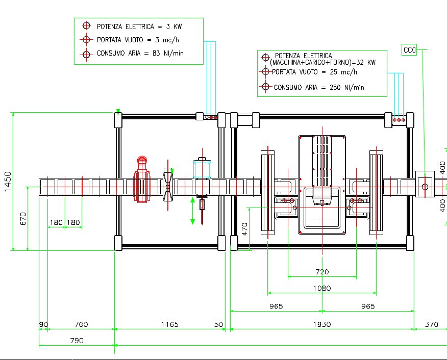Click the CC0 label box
coord(409,50)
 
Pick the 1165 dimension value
coord(170,324)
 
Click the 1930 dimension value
coord(321,324)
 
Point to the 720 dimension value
coord(322,272)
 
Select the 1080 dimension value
coord(322,288)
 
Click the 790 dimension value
coord(76,341)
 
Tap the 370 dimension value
coord(431,324)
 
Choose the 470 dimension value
coord(244,228)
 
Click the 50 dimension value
coord(219,324)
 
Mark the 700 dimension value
coord(81,324)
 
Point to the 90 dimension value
coord(43,324)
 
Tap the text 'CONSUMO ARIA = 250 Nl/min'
coord(319,87)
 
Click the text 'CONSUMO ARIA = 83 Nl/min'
coord(140,53)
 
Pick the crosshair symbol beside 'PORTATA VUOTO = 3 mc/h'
coord(86,39)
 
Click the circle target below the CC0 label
coord(425,187)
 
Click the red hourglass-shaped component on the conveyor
coord(168,185)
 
